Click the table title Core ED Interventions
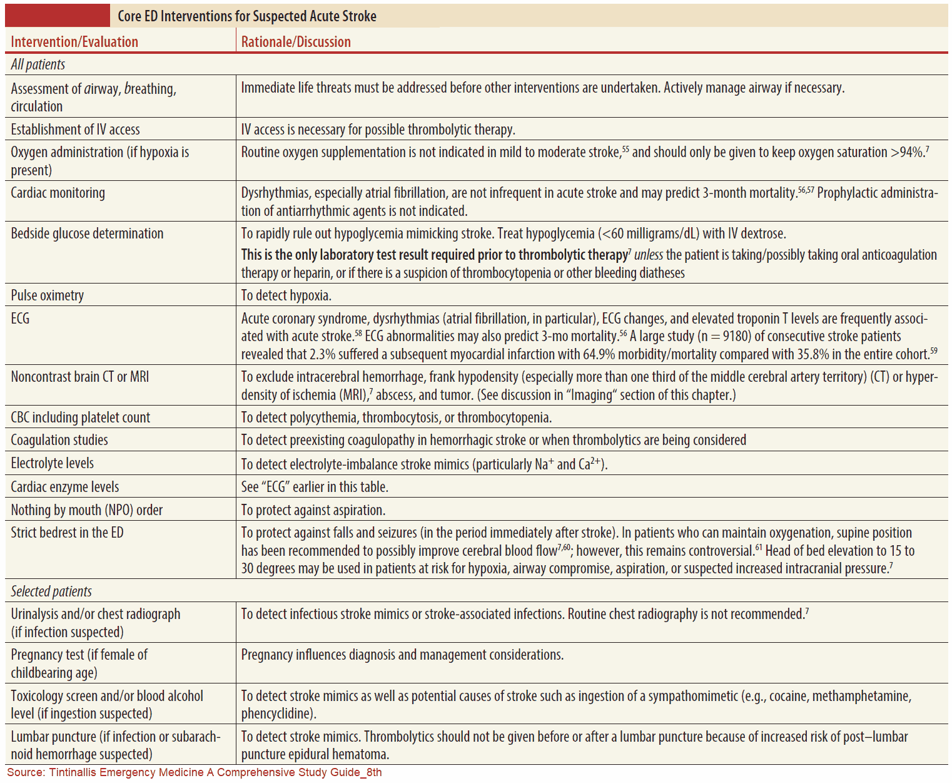246,16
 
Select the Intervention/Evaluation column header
74,42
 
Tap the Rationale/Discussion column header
296,42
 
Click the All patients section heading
38,64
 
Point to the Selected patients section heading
51,591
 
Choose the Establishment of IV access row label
75,130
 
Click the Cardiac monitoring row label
58,193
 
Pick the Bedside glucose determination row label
87,233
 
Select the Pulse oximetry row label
47,295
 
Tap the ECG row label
20,319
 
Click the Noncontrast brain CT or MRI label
79,377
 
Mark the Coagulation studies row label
59,440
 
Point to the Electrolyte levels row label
52,463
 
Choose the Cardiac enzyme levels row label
64,487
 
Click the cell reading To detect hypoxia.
286,295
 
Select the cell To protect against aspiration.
313,510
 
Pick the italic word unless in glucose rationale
648,255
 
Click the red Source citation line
195,772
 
